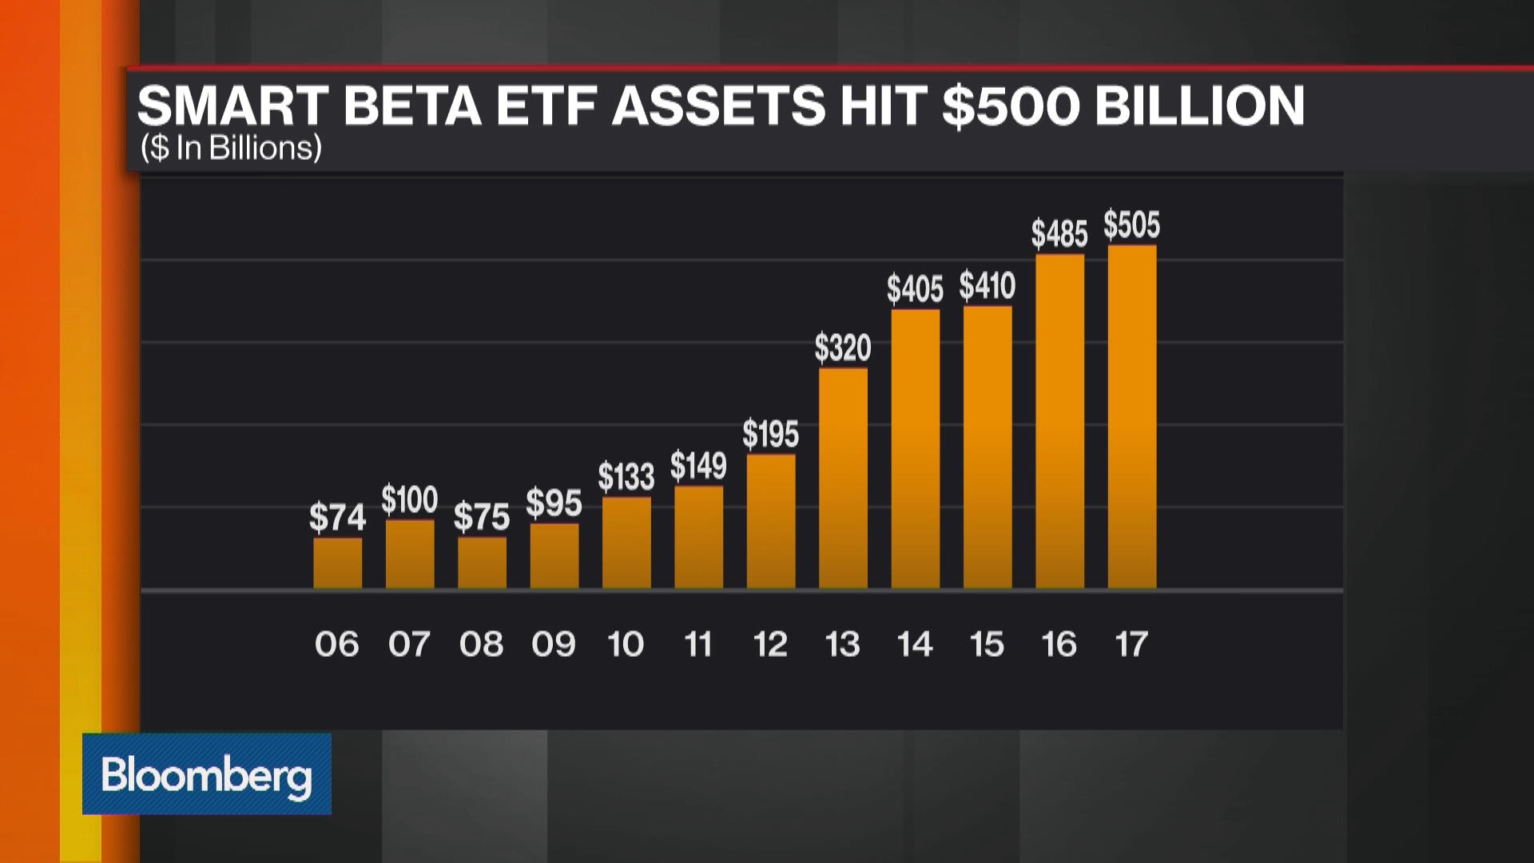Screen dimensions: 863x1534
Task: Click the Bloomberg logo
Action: pyautogui.click(x=206, y=774)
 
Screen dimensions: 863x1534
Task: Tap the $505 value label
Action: pyautogui.click(x=1131, y=225)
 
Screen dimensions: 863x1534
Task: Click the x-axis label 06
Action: pyautogui.click(x=336, y=644)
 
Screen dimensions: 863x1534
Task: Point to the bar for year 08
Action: pyautogui.click(x=482, y=563)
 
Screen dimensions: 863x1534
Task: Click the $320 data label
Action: pyautogui.click(x=843, y=348)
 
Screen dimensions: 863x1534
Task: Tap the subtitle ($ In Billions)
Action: pyautogui.click(x=231, y=149)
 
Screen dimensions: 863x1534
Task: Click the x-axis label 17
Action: pyautogui.click(x=1131, y=644)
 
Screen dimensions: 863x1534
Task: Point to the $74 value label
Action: pyautogui.click(x=337, y=518)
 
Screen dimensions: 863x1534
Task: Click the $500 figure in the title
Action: pyautogui.click(x=1011, y=105)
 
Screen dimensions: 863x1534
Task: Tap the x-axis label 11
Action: pyautogui.click(x=698, y=644)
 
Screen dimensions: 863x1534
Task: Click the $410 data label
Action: pyautogui.click(x=988, y=286)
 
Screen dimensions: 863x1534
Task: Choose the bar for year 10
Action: pyautogui.click(x=626, y=543)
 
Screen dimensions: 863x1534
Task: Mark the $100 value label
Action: pyautogui.click(x=409, y=500)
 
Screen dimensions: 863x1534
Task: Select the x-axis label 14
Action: pyautogui.click(x=915, y=644)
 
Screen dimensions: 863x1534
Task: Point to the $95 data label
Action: pyautogui.click(x=554, y=504)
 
